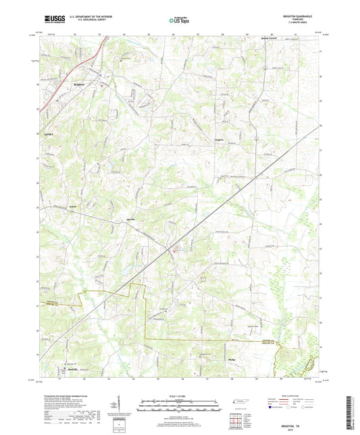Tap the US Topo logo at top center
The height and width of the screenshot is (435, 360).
pyautogui.click(x=179, y=22)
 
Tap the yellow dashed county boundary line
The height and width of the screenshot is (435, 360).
pyautogui.click(x=146, y=317)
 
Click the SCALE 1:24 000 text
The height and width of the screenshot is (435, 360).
pyautogui.click(x=180, y=396)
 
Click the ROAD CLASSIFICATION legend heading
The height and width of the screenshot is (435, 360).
pyautogui.click(x=291, y=395)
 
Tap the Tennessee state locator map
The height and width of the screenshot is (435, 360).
pyautogui.click(x=240, y=404)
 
